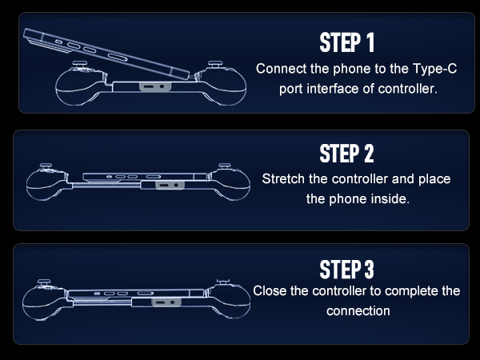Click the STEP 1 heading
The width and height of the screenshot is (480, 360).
[347, 42]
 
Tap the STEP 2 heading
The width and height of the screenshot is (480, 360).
[347, 154]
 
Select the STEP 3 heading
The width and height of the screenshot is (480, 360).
[347, 269]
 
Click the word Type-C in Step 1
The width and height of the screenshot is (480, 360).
[434, 69]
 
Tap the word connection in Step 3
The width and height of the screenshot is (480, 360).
[358, 311]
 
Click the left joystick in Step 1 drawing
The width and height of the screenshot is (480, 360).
[79, 65]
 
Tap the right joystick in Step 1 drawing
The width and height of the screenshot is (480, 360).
[215, 65]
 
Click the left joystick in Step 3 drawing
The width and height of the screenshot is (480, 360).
[44, 282]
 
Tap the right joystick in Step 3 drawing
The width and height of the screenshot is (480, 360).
[223, 282]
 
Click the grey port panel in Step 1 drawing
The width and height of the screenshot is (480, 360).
[154, 86]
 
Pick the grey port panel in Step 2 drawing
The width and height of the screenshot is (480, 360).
[170, 185]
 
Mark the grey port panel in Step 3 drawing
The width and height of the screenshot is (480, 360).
[166, 302]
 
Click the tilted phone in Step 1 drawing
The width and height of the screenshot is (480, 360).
[106, 54]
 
